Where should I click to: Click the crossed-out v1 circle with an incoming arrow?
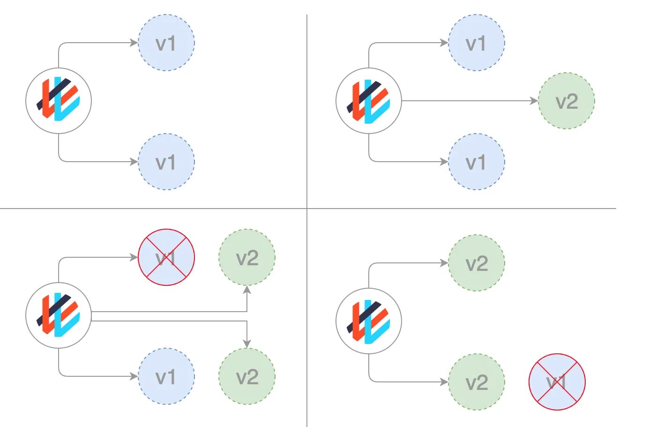click(166, 257)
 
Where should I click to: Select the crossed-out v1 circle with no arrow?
click(557, 382)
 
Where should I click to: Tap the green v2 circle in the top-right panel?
click(567, 101)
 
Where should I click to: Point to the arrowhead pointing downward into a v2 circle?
click(247, 343)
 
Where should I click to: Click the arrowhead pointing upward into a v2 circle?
click(247, 290)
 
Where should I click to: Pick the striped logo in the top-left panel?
click(59, 101)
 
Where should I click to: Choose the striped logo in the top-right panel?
click(369, 101)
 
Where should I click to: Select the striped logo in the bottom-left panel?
click(59, 315)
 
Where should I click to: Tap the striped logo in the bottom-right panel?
click(369, 321)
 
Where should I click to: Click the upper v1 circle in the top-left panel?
click(166, 43)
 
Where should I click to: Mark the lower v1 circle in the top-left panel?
click(166, 162)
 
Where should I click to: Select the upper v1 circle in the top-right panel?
click(477, 43)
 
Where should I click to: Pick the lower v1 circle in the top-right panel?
click(477, 162)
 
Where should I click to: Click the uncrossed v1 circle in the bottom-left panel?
click(166, 376)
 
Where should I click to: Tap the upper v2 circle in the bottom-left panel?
click(247, 257)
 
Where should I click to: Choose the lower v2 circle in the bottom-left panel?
click(247, 376)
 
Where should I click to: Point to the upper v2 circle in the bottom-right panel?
click(477, 263)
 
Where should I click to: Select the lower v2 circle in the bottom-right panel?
click(477, 382)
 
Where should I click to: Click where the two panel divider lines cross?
click(307, 209)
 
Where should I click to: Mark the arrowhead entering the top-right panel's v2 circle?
click(534, 101)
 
